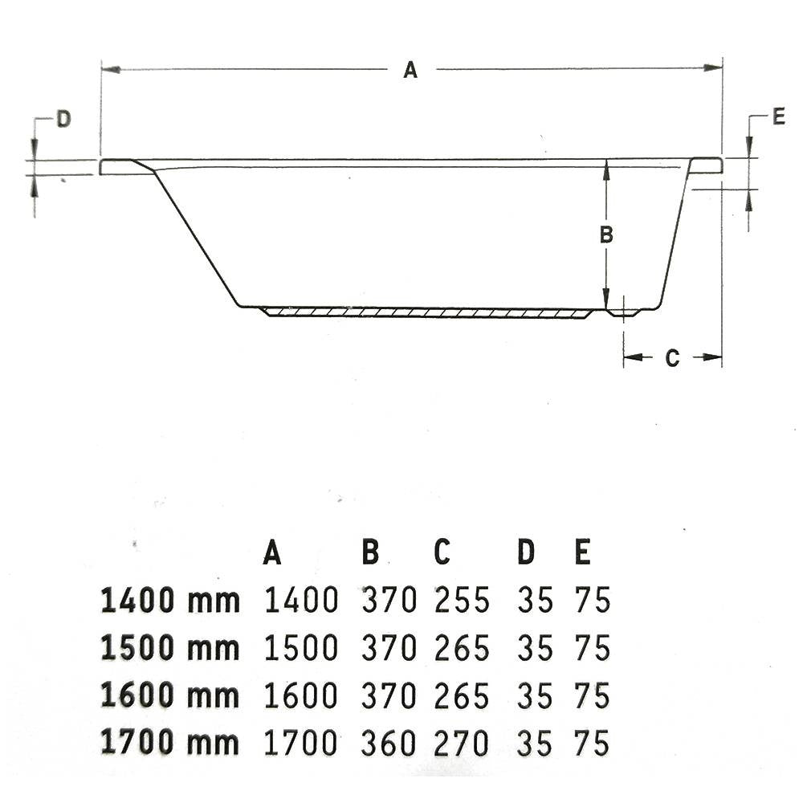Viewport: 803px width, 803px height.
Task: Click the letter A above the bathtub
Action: pos(410,69)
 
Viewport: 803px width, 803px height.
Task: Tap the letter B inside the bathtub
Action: pos(606,235)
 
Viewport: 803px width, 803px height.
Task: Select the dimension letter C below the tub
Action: pos(672,358)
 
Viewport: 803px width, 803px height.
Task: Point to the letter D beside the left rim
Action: pos(63,120)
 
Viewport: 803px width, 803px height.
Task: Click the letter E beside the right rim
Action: pos(778,116)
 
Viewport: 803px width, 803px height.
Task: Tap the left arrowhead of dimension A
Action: pos(111,69)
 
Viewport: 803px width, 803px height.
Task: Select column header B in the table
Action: pos(370,552)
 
